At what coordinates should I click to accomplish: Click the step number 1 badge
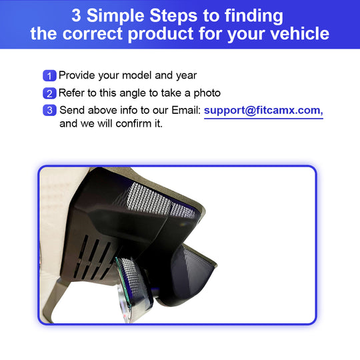(49, 76)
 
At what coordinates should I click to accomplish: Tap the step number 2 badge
(49, 93)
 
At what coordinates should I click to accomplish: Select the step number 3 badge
(49, 111)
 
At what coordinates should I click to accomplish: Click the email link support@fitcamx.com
(263, 111)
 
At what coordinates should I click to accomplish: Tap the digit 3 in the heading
(76, 15)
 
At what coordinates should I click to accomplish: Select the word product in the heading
(161, 34)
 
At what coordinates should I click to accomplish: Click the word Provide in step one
(77, 75)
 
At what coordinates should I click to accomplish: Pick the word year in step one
(187, 76)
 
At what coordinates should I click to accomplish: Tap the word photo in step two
(207, 93)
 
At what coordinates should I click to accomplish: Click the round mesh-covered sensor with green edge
(133, 285)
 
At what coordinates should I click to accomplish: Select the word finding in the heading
(254, 16)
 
